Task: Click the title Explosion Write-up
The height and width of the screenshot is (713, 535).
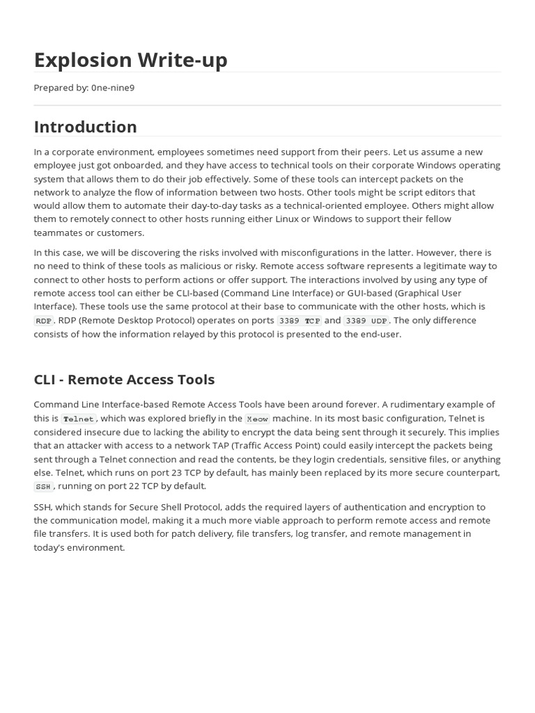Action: pos(130,60)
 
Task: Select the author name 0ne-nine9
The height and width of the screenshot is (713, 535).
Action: pos(113,88)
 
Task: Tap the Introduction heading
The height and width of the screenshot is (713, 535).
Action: pos(85,127)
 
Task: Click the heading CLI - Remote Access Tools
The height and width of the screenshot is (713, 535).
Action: pos(124,379)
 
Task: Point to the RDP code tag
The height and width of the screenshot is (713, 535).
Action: pos(43,321)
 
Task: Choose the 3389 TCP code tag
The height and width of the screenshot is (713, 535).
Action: pos(299,321)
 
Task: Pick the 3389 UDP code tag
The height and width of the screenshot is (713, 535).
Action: pos(366,321)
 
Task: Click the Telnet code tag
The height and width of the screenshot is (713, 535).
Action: pos(78,419)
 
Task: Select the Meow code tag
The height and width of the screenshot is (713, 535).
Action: pos(257,419)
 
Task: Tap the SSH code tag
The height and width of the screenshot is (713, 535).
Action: pos(43,487)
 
